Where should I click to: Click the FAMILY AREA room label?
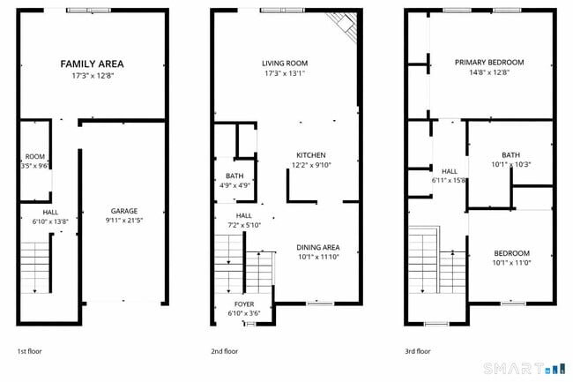coord(92,64)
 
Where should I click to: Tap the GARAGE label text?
coord(123,211)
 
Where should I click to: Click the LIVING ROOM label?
coord(285,63)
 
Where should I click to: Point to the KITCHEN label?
coord(310,154)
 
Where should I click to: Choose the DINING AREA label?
coord(317,247)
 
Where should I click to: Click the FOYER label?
coord(240,303)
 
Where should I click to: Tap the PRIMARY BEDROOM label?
coord(489,63)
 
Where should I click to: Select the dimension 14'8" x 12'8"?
coord(489,72)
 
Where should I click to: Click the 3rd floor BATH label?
coord(510,154)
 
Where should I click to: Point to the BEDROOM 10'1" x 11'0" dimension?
coord(511,262)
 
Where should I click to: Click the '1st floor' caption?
coord(29,351)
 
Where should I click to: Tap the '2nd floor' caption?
coord(224,351)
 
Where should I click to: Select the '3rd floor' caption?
coord(418,351)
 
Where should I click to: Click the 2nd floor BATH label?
coord(234,176)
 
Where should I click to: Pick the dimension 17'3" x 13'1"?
coord(285,73)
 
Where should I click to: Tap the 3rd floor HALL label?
coord(450,171)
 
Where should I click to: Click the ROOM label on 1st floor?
coord(35,156)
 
